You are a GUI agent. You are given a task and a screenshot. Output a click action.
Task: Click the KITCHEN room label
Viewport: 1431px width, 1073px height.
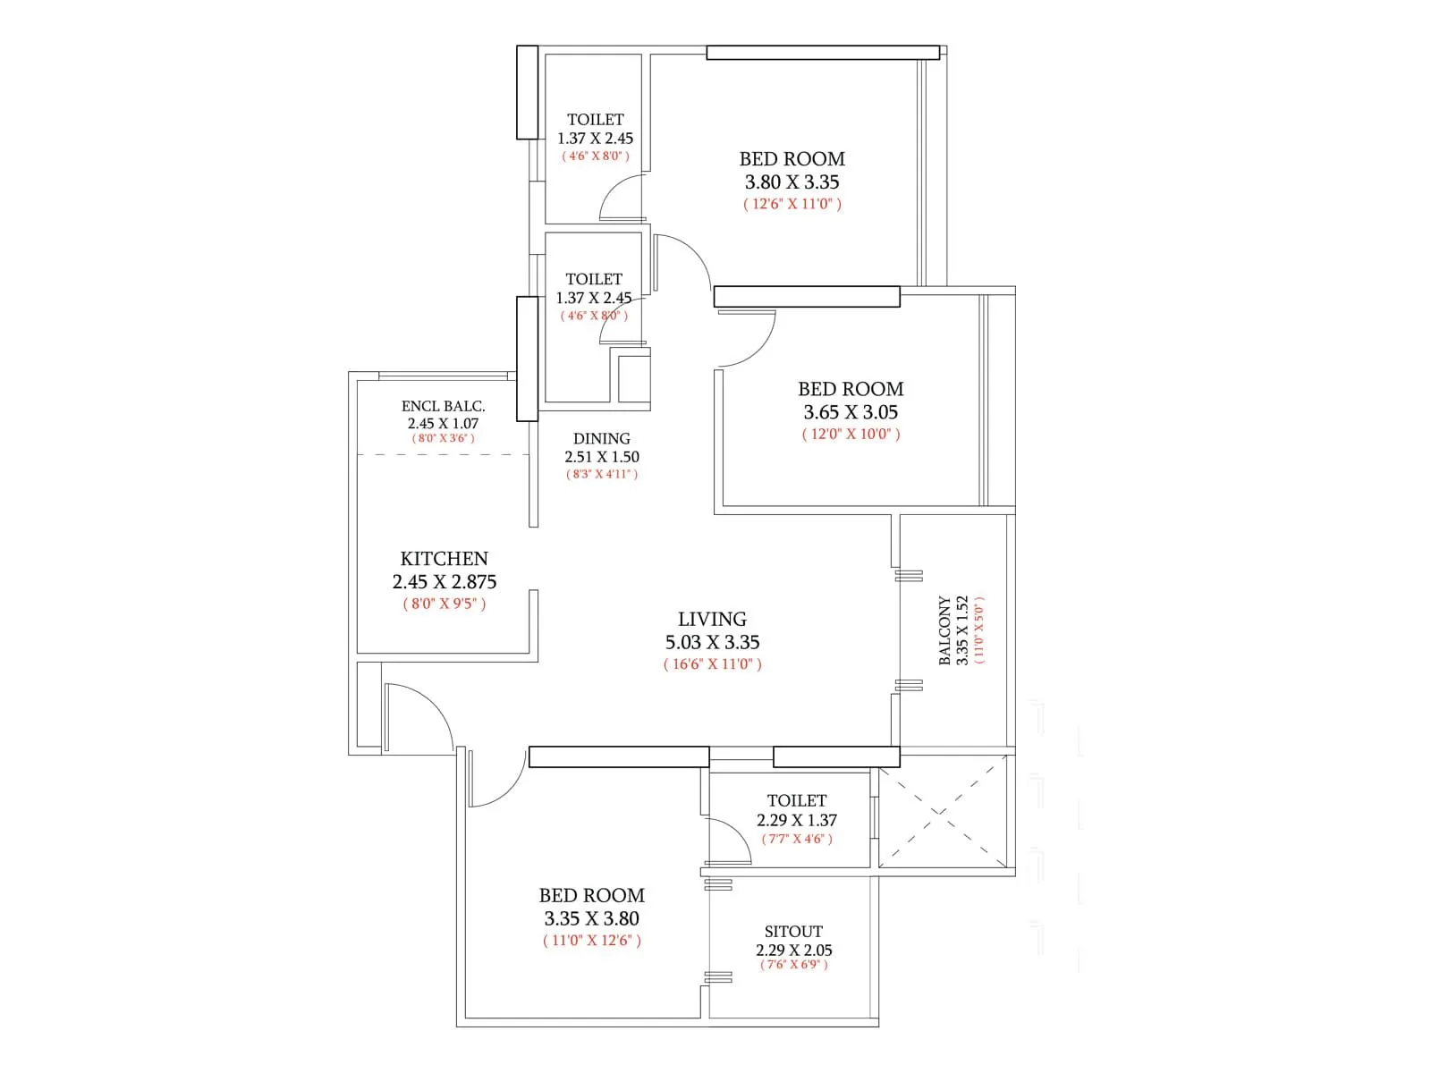(x=444, y=559)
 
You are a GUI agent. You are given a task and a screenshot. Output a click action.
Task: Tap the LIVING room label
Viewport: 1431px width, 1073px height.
(x=712, y=619)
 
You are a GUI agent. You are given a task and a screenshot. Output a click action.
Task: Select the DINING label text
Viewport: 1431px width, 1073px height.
(x=601, y=438)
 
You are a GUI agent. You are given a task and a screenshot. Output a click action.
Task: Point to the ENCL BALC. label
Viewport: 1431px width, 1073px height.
(x=443, y=406)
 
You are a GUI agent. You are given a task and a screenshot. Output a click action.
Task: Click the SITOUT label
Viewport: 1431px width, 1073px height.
(x=793, y=931)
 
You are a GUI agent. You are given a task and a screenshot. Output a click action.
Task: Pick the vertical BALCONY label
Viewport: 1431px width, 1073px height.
(x=944, y=631)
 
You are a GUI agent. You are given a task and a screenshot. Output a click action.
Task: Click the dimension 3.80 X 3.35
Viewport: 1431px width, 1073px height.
(x=792, y=182)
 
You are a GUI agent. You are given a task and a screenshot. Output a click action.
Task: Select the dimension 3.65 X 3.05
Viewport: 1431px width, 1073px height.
(x=851, y=412)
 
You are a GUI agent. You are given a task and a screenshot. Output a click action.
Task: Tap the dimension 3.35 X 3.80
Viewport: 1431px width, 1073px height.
(x=591, y=918)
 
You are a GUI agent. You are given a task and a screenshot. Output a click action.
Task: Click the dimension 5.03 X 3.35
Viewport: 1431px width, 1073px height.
(x=712, y=642)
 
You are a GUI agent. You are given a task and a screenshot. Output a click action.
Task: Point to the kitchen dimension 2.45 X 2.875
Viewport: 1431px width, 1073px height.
(x=444, y=582)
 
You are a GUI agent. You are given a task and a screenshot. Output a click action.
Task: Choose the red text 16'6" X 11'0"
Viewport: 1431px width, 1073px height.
(x=712, y=664)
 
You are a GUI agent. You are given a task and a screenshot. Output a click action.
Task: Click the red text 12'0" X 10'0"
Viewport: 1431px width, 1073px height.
(x=851, y=435)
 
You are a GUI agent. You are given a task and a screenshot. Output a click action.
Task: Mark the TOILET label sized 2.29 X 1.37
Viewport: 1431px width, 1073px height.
(x=796, y=800)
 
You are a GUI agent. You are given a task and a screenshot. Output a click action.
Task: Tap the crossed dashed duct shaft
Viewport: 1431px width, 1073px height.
(x=943, y=812)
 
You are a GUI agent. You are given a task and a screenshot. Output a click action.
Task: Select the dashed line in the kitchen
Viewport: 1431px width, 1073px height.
(x=443, y=455)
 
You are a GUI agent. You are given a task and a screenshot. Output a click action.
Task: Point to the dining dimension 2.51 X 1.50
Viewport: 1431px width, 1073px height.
(x=601, y=457)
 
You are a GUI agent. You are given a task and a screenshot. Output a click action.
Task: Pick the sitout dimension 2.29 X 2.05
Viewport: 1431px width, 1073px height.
(x=793, y=950)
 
